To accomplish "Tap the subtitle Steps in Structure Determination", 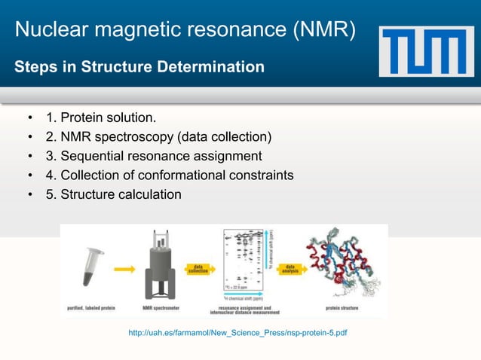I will click(139, 69).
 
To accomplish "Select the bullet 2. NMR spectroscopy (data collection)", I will click(166, 137).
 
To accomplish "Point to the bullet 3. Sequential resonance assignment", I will click(161, 156).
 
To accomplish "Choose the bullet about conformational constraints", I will click(177, 175).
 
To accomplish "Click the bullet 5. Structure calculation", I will click(121, 194).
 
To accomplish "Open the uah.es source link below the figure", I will click(238, 332).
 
